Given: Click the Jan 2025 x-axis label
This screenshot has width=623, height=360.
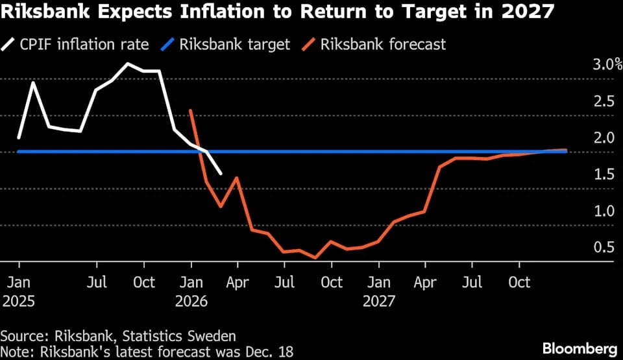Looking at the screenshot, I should [19, 292].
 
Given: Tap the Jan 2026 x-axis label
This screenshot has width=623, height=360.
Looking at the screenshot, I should [191, 292].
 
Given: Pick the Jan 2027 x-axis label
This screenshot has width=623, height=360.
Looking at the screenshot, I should [379, 292].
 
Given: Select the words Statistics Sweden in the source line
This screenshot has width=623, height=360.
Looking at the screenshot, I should [188, 336].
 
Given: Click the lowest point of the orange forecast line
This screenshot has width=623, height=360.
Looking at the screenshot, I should [316, 258].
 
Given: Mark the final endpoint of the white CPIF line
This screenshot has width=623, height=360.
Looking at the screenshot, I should [221, 174].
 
